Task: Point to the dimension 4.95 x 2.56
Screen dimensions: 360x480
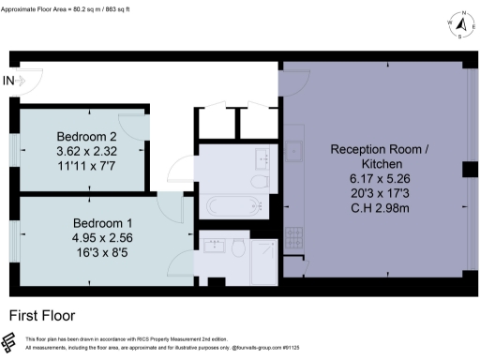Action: pos(104,238)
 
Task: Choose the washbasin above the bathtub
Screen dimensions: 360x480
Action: pos(260,157)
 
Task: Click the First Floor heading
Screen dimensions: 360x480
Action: pos(42,316)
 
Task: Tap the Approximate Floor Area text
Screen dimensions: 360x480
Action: pos(65,7)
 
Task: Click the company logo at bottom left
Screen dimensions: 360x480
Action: pos(10,342)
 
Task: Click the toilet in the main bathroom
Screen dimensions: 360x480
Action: pos(260,181)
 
